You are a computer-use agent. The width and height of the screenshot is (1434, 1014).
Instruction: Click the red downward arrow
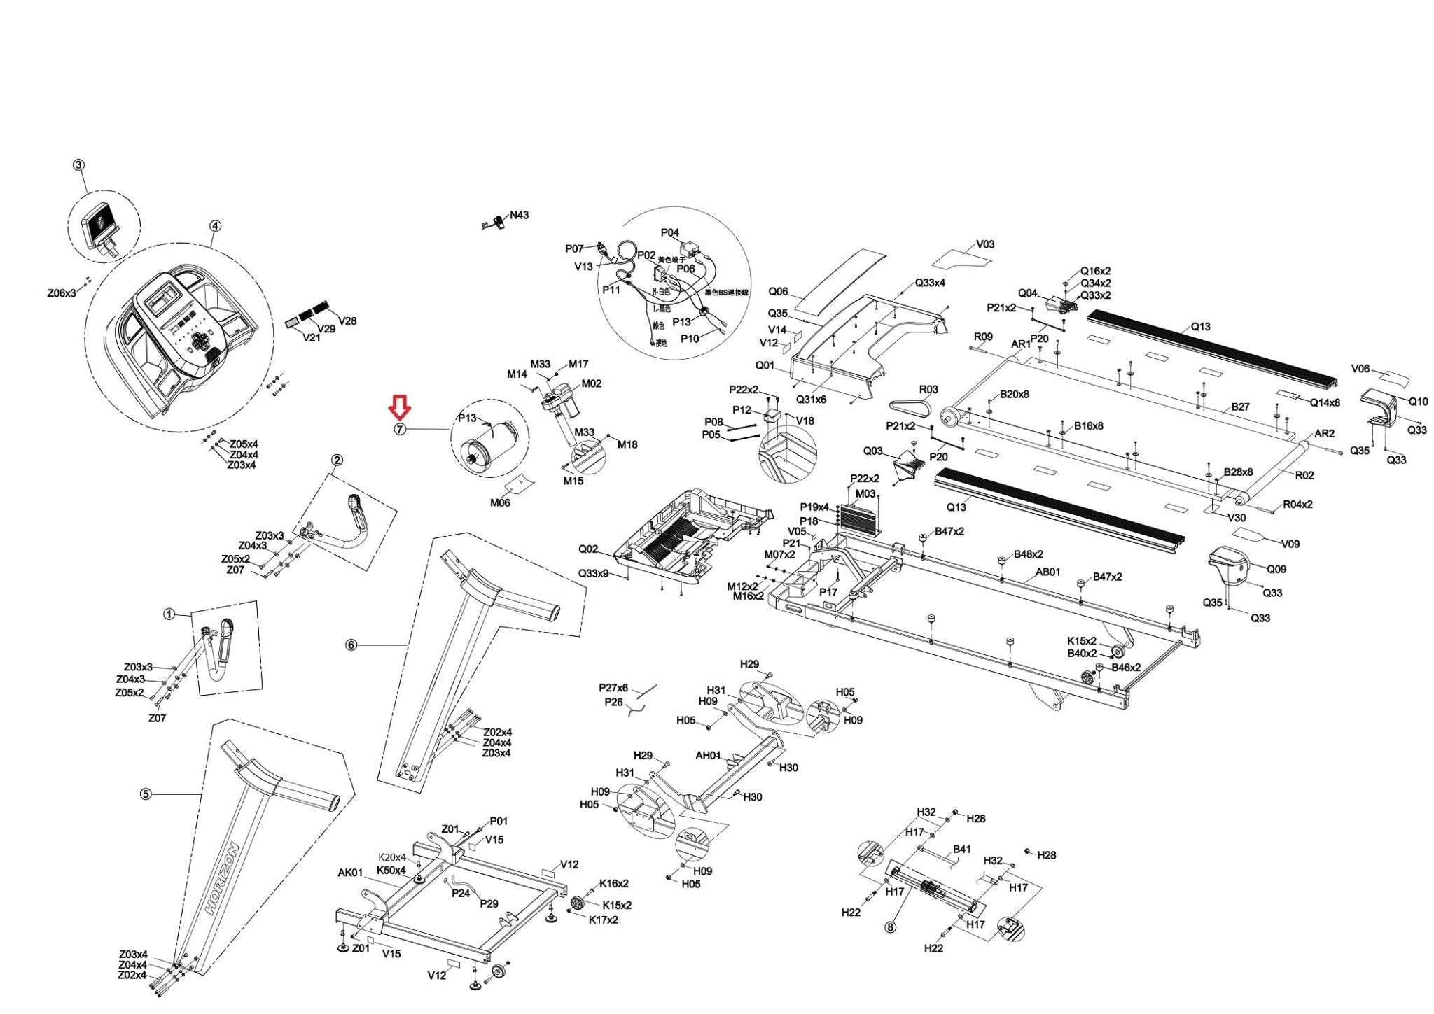tap(400, 407)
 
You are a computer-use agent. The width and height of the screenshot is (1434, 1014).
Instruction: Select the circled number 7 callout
tap(400, 429)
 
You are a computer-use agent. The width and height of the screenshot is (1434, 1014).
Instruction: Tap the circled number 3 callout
tap(78, 165)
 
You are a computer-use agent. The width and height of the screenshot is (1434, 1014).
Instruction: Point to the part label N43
tap(519, 216)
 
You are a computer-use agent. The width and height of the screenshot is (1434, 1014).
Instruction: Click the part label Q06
tap(778, 292)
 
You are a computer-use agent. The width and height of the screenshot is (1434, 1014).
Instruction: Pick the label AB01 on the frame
tap(1047, 572)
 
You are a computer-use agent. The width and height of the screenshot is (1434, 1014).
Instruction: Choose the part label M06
tap(500, 502)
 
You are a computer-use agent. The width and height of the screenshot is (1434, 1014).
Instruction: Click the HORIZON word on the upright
tap(223, 879)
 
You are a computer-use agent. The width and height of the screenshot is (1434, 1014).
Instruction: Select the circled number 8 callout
tap(890, 928)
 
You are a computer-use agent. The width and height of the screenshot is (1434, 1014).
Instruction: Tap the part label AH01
tap(708, 756)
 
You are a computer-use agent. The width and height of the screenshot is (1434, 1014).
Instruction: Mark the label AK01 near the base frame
tap(350, 873)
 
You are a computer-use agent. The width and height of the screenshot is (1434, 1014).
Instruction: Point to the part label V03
tap(985, 245)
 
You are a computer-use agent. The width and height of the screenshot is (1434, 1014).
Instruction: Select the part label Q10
tap(1418, 402)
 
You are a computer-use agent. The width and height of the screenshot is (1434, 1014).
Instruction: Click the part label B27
tap(1240, 407)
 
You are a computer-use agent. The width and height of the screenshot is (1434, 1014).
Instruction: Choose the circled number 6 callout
tap(351, 645)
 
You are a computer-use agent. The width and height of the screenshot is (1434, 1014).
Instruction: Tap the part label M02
tap(591, 383)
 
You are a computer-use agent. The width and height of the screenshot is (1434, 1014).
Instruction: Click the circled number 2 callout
tap(337, 460)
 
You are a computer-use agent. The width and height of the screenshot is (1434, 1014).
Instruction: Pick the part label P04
tap(669, 233)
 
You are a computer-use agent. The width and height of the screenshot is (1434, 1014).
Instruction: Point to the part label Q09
tap(1276, 569)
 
